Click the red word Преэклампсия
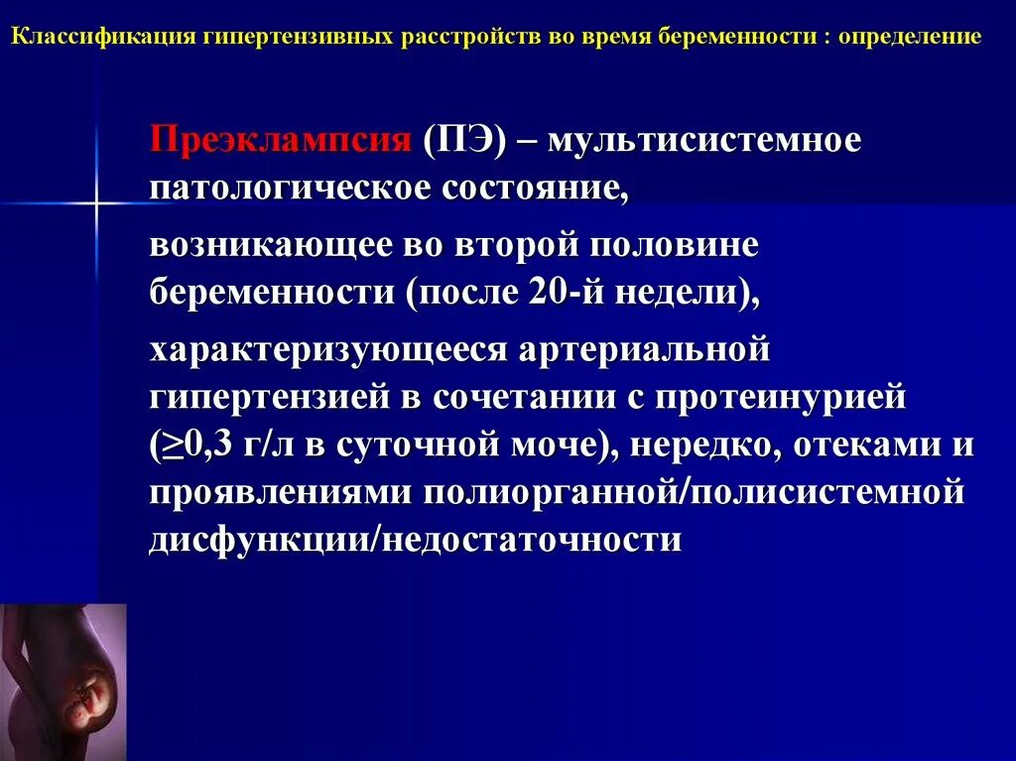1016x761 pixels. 280,140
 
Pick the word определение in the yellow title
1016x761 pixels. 910,38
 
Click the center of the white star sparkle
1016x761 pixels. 97,203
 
